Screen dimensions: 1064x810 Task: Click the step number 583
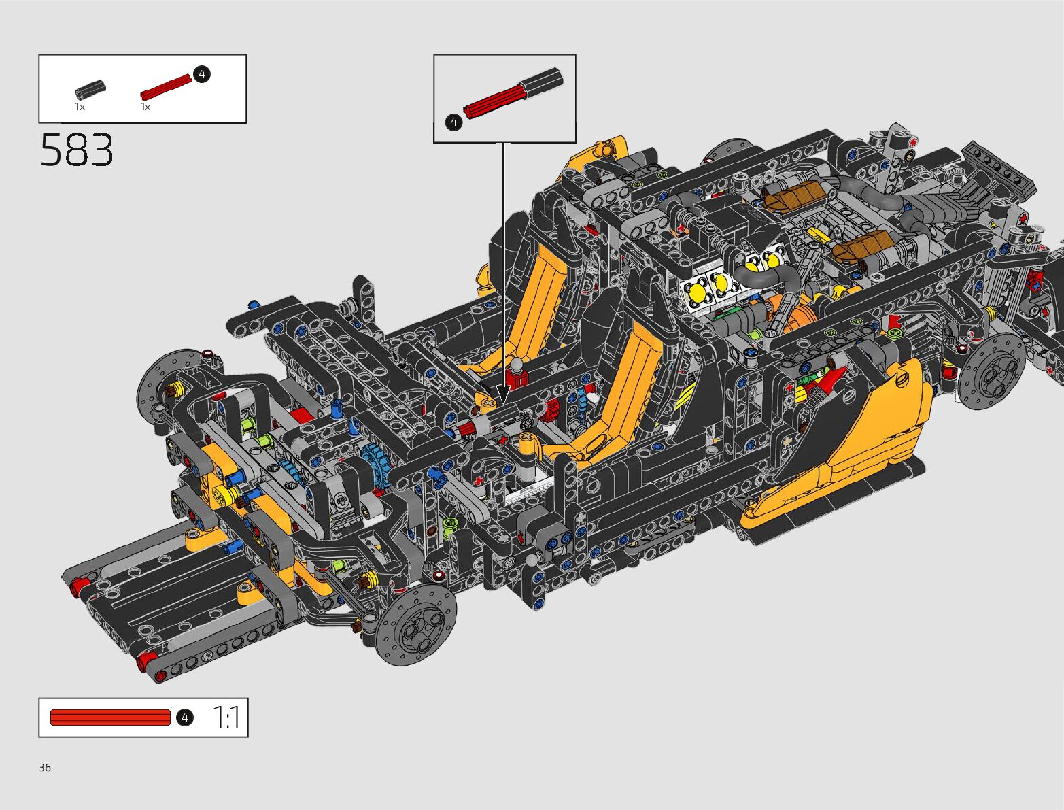77,150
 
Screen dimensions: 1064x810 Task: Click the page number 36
45,767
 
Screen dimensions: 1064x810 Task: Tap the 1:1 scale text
226,718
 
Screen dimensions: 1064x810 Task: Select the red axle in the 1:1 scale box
111,718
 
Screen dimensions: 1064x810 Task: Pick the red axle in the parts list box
167,87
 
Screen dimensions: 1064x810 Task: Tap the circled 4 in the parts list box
202,74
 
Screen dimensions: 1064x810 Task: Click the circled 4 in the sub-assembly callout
453,122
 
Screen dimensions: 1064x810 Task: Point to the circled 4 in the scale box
185,718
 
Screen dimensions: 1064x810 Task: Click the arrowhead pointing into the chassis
503,394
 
